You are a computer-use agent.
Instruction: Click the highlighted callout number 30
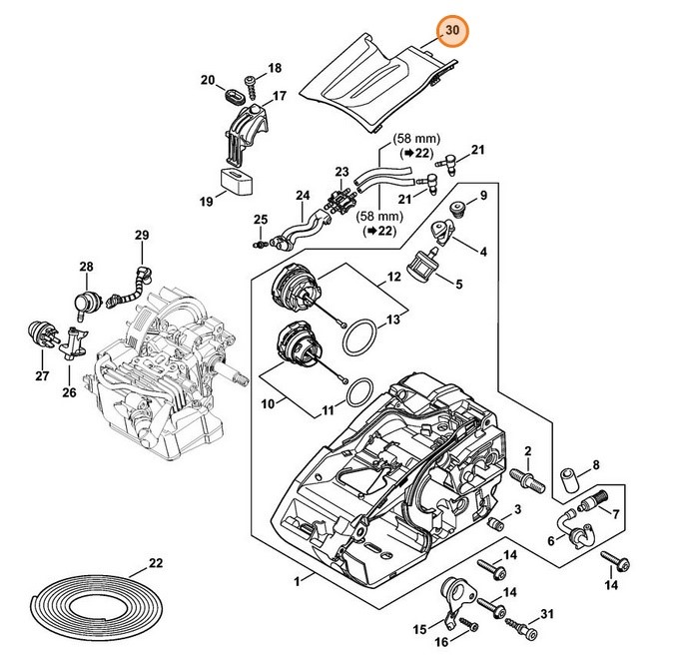(452, 31)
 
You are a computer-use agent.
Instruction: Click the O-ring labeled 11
(349, 393)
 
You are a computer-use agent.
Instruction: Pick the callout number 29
(142, 236)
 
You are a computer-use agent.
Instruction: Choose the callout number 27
(41, 375)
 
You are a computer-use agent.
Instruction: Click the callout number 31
(546, 612)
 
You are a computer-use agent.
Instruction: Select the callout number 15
(419, 629)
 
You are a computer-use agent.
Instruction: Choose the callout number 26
(69, 392)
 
